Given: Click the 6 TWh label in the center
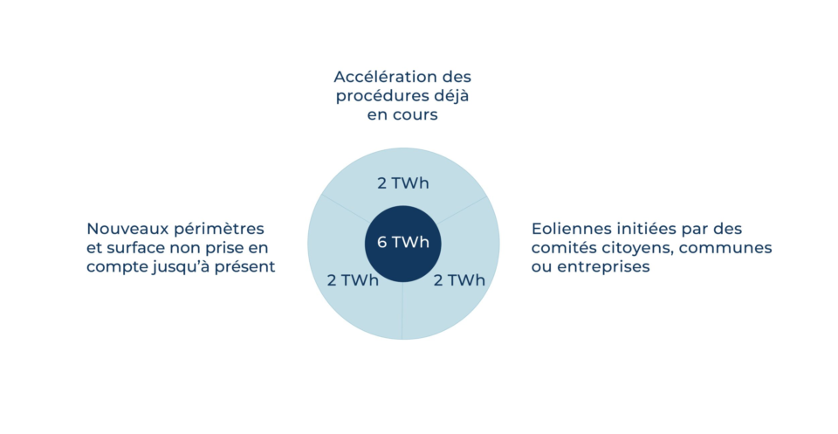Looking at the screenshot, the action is tap(403, 242).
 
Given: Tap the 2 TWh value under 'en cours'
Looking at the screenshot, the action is tap(403, 183).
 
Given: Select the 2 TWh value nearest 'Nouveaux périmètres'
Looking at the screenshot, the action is tap(353, 280).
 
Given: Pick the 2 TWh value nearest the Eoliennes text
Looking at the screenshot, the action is tap(459, 280).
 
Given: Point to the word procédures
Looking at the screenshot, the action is tap(380, 97).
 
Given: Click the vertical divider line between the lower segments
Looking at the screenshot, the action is tap(402, 311).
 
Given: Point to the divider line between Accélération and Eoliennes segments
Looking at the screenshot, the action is tap(463, 210).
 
